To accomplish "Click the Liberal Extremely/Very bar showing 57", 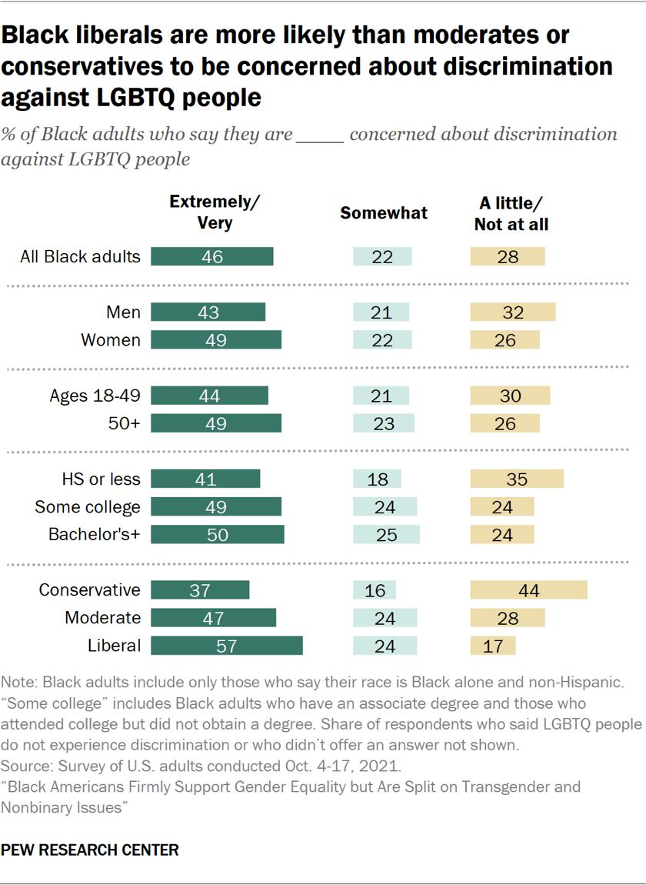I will point(227,646).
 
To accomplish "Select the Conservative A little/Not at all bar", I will point(528,590).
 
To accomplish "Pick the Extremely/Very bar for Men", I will point(208,312).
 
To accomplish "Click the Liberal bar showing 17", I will point(493,646).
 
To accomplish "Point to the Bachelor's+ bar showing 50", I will point(218,534).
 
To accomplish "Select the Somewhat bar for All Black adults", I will point(382,256).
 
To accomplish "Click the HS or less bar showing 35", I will point(517,479).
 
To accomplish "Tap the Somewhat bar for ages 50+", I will point(383,423).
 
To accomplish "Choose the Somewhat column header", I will point(383,213).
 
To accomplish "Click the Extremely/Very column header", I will point(215,213).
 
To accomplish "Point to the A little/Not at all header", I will point(511,213).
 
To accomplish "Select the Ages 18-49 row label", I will point(95,396).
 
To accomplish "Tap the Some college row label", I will point(88,506).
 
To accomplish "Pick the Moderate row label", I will point(103,618).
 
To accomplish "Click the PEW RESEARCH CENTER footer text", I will point(90,850).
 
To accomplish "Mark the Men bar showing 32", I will point(513,312).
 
